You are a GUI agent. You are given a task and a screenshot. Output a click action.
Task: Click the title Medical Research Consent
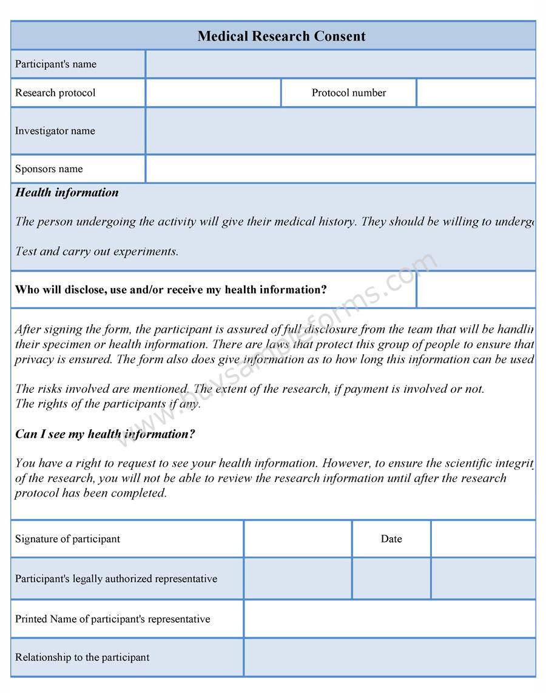tap(281, 36)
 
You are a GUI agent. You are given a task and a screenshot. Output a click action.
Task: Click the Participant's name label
tap(56, 64)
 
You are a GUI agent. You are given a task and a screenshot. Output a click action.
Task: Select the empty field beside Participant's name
tap(340, 64)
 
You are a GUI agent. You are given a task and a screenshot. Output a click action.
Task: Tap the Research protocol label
tap(55, 93)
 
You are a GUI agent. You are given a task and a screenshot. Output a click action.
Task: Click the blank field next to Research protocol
tap(213, 93)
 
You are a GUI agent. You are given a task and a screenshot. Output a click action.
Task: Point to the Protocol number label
tap(349, 93)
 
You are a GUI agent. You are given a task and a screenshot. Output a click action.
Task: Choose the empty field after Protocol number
tap(476, 93)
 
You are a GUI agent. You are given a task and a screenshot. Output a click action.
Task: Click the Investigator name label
tap(55, 131)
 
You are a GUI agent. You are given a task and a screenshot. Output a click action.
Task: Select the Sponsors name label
tap(49, 169)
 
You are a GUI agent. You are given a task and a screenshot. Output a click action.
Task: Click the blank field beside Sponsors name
tap(340, 169)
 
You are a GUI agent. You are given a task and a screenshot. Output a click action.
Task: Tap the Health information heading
tap(67, 193)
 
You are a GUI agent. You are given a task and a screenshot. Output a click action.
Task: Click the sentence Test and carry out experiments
tap(97, 251)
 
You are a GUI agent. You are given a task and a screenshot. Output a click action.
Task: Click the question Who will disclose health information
tap(171, 290)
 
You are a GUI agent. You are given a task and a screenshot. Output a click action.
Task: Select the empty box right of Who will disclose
tap(476, 290)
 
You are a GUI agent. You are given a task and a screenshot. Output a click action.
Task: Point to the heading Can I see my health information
tap(105, 434)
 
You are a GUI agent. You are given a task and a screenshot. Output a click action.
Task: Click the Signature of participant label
tap(68, 539)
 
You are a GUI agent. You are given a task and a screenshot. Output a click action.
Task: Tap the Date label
tap(391, 539)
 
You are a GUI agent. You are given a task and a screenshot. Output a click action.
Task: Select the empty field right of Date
tap(483, 539)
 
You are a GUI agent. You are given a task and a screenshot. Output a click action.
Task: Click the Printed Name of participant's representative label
tap(113, 619)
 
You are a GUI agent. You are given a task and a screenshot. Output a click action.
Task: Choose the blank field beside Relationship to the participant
tap(389, 657)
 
